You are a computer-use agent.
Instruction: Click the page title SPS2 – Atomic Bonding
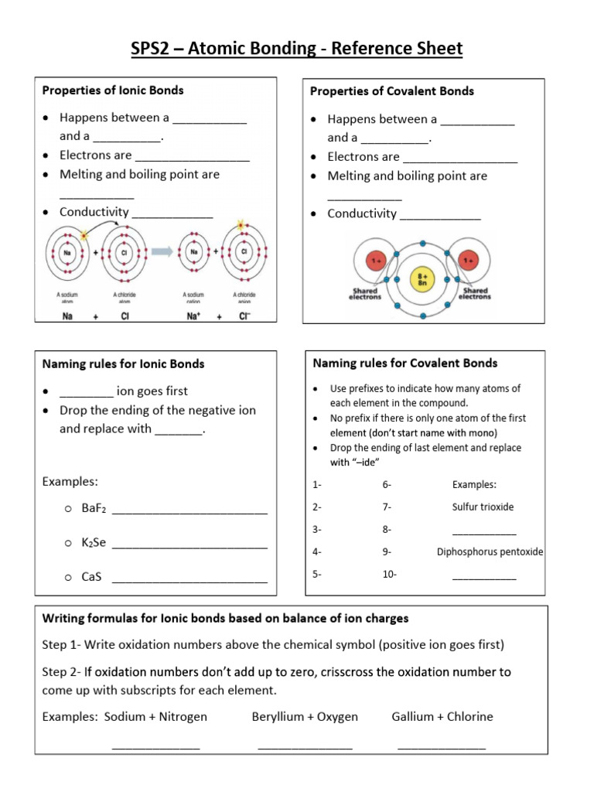(296, 49)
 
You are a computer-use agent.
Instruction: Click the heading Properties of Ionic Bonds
(112, 90)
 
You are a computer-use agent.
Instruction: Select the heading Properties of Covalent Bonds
(391, 91)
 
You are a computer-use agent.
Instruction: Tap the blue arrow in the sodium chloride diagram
(160, 251)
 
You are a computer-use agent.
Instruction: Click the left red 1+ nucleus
(376, 261)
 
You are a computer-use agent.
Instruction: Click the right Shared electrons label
(474, 293)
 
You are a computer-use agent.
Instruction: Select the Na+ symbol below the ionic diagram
(195, 316)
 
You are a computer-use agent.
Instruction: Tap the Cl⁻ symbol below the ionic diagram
(244, 316)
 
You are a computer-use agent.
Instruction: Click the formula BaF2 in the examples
(94, 510)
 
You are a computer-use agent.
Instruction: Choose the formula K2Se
(94, 543)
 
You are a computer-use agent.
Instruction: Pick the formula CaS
(91, 576)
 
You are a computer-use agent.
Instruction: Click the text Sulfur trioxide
(483, 507)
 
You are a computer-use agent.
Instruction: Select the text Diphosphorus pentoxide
(490, 552)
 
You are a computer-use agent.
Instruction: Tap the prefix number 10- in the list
(389, 575)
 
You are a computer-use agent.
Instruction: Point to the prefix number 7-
(387, 507)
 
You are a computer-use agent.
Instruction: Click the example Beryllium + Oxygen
(305, 716)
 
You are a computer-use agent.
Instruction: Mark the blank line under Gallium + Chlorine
(442, 746)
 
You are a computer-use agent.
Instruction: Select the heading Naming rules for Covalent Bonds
(405, 363)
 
